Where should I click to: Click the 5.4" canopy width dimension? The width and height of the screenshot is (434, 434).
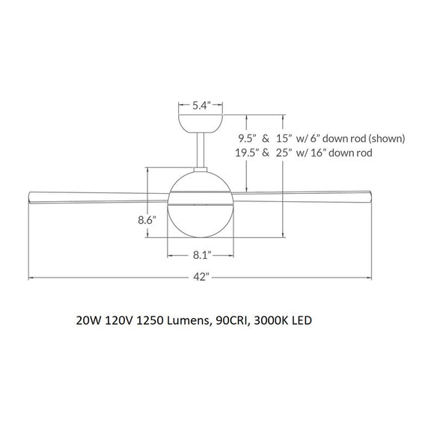[200, 106]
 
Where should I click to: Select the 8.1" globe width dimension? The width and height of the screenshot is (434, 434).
[200, 255]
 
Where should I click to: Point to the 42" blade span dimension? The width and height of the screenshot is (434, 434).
[200, 278]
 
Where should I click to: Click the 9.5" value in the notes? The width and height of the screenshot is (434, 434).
[247, 138]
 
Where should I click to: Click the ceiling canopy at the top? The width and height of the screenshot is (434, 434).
[201, 122]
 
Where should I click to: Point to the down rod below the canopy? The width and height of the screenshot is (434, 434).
[201, 150]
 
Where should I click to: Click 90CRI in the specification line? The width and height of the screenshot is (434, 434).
[233, 321]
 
